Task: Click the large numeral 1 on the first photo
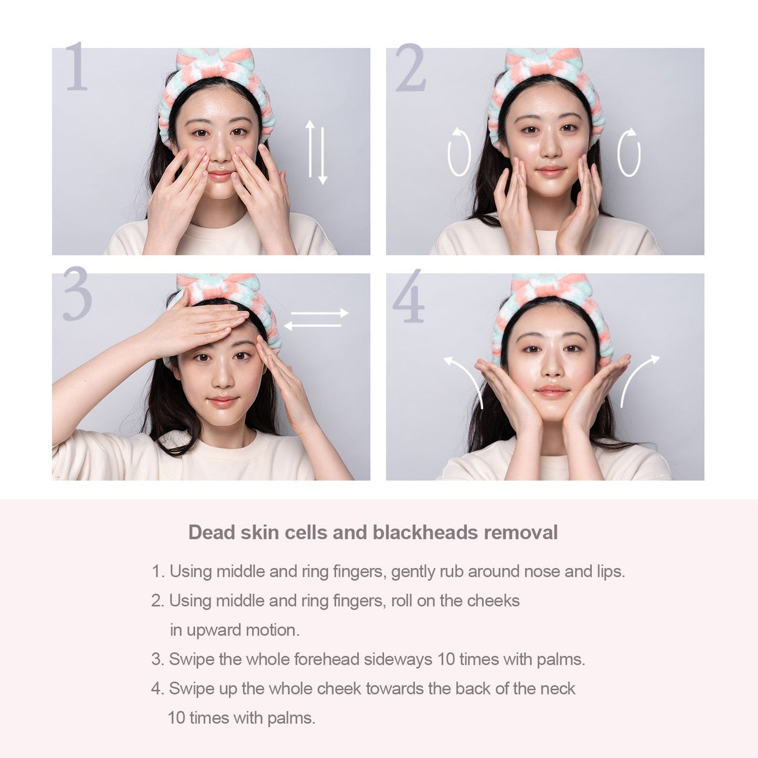pyautogui.click(x=76, y=66)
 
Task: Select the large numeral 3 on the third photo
pyautogui.click(x=77, y=293)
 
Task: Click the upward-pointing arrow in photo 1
pyautogui.click(x=311, y=148)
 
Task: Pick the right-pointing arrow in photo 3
pyautogui.click(x=319, y=313)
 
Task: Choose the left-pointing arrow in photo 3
pyautogui.click(x=312, y=325)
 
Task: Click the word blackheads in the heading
pyautogui.click(x=425, y=532)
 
